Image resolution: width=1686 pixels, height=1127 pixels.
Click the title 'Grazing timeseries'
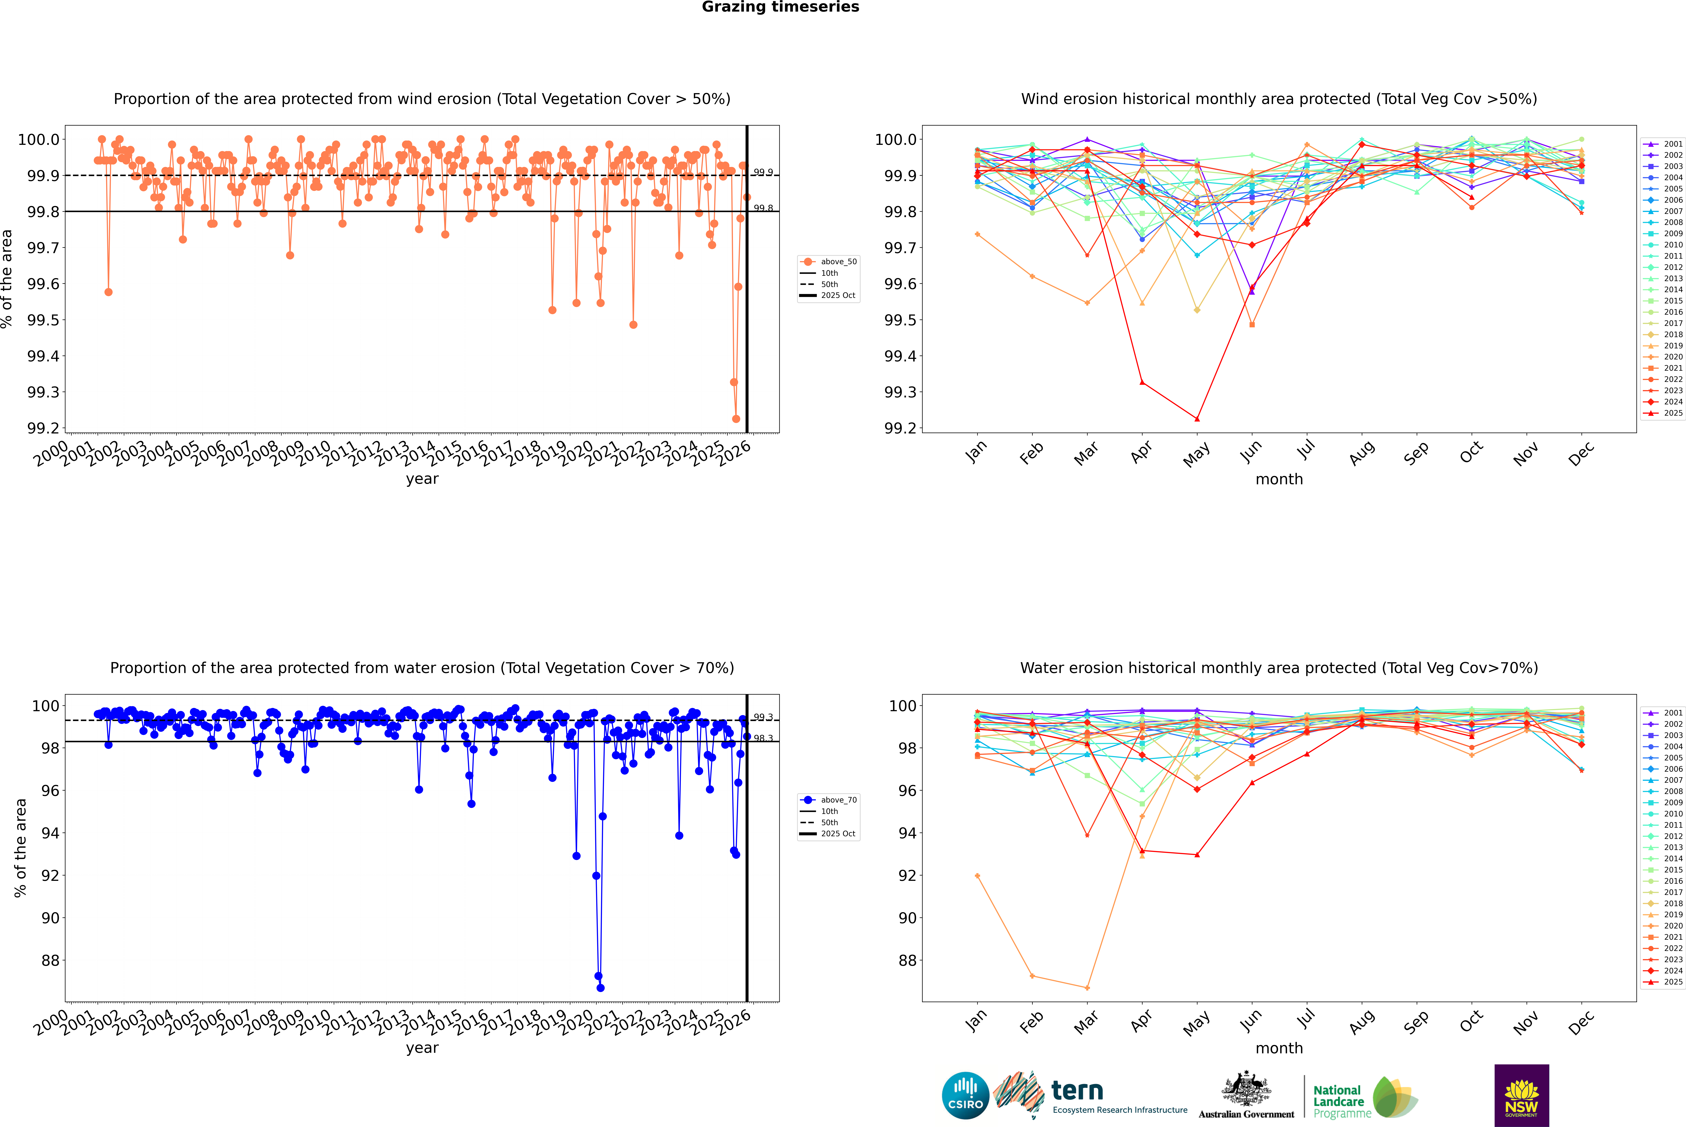pyautogui.click(x=780, y=7)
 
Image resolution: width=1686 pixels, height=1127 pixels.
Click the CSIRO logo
pyautogui.click(x=965, y=1095)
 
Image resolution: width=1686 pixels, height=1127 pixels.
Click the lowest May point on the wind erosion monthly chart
pyautogui.click(x=1197, y=419)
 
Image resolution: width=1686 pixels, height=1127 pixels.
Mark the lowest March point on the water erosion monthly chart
pyautogui.click(x=1087, y=988)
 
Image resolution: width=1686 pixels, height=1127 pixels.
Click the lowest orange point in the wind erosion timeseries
pyautogui.click(x=736, y=419)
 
